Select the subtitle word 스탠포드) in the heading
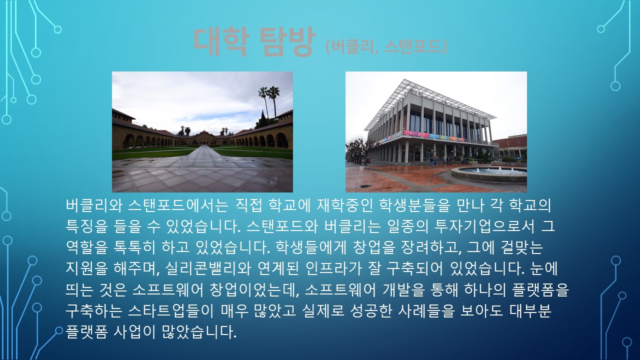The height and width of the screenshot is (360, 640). click(x=415, y=46)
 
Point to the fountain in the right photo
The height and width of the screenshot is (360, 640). click(x=489, y=173)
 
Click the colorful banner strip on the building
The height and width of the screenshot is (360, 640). click(x=434, y=136)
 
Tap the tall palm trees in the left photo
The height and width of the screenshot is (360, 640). click(x=269, y=102)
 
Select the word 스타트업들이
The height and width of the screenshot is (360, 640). click(x=170, y=311)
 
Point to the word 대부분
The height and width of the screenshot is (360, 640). click(x=530, y=311)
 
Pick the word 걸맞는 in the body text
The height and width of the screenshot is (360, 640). click(x=522, y=247)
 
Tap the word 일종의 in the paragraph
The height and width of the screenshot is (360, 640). click(x=407, y=226)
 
